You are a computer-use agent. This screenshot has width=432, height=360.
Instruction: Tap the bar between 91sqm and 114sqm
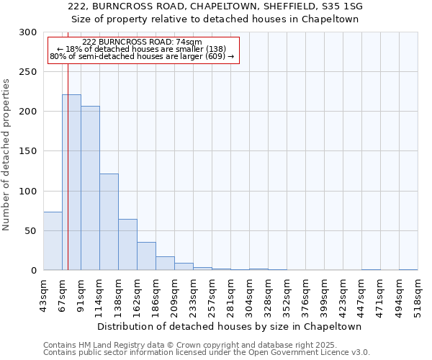pyautogui.click(x=90, y=188)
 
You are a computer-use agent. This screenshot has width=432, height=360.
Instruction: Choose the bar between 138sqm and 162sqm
pyautogui.click(x=127, y=245)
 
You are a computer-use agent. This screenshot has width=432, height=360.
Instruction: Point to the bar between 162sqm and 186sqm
pyautogui.click(x=146, y=256)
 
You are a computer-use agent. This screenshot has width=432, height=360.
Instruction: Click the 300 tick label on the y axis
pyautogui.click(x=28, y=32)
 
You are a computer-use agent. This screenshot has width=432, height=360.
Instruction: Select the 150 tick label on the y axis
pyautogui.click(x=28, y=152)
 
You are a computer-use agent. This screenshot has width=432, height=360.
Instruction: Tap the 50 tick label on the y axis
pyautogui.click(x=31, y=231)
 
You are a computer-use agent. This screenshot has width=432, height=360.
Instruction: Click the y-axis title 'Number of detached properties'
pyautogui.click(x=6, y=155)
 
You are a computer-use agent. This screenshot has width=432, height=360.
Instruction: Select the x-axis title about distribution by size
pyautogui.click(x=230, y=326)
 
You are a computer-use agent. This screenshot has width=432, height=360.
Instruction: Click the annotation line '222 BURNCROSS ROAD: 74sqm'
pyautogui.click(x=142, y=42)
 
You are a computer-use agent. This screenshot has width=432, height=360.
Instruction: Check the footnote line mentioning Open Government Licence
pyautogui.click(x=207, y=352)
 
